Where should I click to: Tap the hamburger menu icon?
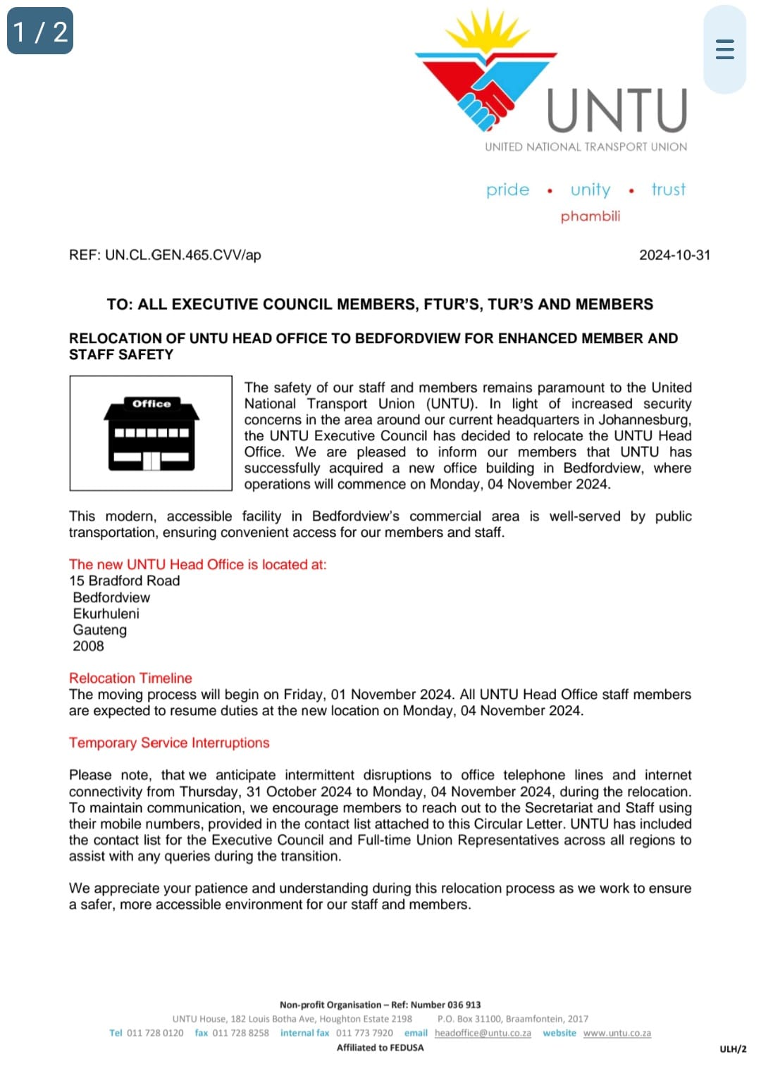point(724,49)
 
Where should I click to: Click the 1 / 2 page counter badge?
point(40,31)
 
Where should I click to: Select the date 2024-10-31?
point(674,255)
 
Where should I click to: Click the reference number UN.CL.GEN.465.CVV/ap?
point(182,255)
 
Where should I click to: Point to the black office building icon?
point(151,433)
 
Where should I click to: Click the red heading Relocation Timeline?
point(130,678)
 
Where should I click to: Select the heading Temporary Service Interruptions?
point(169,743)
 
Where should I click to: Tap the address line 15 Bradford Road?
point(125,581)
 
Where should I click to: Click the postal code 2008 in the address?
point(88,646)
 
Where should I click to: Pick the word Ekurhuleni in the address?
point(106,614)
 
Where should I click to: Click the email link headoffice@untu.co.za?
point(483,1033)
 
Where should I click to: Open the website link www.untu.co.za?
point(617,1033)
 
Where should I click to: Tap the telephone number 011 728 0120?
point(155,1033)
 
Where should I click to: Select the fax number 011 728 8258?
point(240,1033)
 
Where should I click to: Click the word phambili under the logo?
point(590,216)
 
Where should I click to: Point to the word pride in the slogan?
point(507,190)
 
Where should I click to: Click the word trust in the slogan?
point(668,190)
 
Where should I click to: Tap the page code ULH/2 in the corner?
point(733,1049)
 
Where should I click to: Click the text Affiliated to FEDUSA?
point(380,1048)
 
